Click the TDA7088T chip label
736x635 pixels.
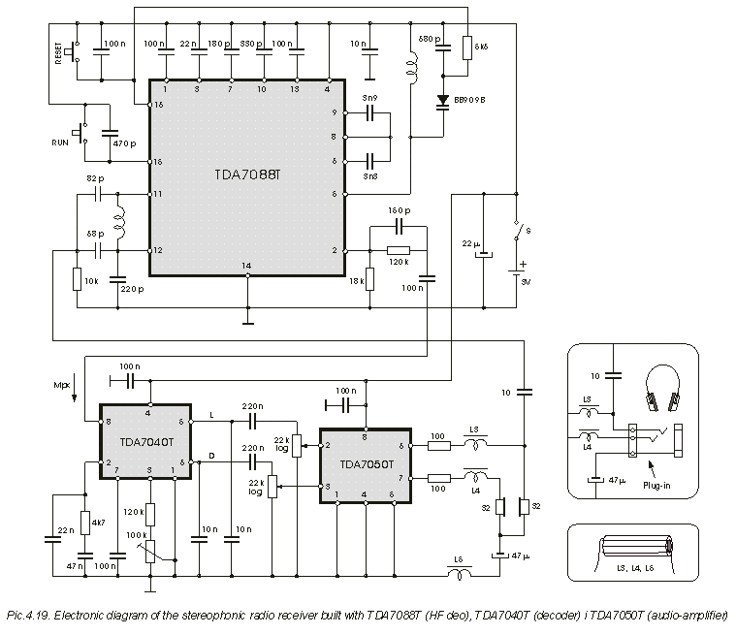coord(246,175)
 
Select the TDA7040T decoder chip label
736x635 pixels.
coord(146,441)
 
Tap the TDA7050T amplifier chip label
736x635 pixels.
coord(365,463)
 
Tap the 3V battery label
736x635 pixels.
coord(526,283)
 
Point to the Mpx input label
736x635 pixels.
coord(63,386)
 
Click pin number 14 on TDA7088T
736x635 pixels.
coord(247,265)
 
